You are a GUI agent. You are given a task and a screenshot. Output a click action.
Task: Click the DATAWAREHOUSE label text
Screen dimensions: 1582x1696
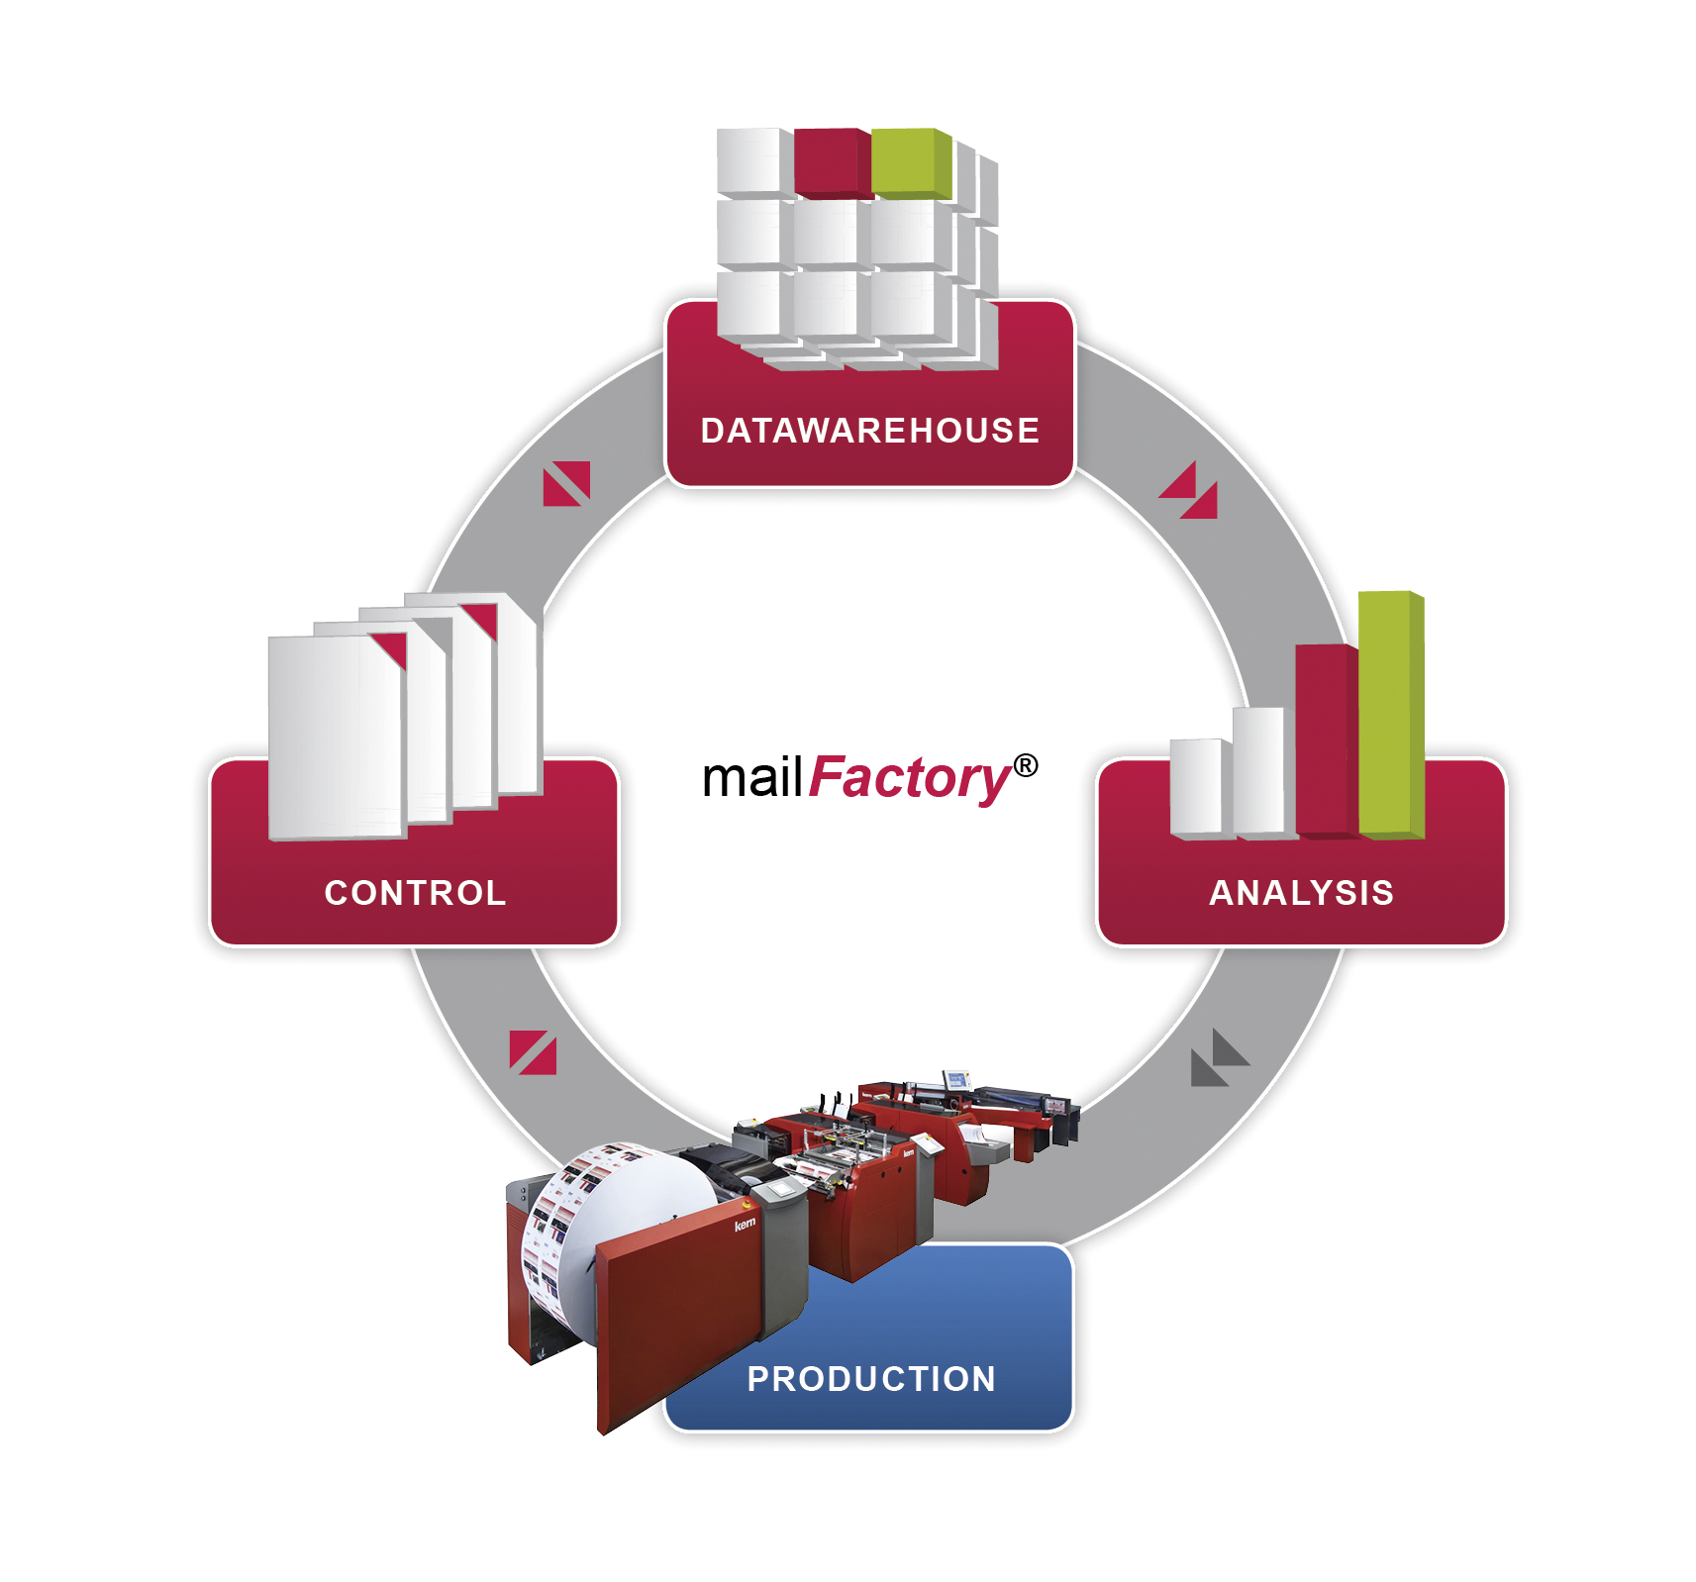coord(869,431)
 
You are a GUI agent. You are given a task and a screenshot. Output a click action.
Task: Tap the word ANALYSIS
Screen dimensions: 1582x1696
coord(1301,893)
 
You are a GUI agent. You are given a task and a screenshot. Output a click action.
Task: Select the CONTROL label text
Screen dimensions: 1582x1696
coord(415,893)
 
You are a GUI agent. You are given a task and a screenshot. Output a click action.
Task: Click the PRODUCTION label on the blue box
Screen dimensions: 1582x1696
coord(870,1378)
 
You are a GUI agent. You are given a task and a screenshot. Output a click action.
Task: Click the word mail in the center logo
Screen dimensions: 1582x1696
coord(751,778)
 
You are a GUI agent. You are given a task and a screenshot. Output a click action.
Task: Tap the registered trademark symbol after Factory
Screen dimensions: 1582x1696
coord(1026,765)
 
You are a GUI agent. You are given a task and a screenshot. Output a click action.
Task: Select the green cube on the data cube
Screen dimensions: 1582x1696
coord(907,162)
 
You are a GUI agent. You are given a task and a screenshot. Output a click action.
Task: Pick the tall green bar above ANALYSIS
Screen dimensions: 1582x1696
coord(1388,713)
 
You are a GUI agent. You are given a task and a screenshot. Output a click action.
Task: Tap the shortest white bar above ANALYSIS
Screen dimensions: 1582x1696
coord(1196,786)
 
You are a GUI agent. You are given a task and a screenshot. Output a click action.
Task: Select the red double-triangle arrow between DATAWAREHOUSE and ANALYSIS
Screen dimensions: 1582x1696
coord(1189,490)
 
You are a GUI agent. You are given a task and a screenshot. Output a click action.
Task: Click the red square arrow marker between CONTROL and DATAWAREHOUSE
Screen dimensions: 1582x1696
coord(566,483)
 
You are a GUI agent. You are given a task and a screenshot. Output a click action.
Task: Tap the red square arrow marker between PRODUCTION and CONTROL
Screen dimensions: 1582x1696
coord(533,1052)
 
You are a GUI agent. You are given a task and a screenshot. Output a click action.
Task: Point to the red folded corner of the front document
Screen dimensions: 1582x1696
coord(390,649)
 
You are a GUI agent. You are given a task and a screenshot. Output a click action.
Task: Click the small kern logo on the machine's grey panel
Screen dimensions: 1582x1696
coord(745,1225)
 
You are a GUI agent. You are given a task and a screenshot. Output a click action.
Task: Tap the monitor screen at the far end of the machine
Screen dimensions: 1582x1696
coord(955,1079)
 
